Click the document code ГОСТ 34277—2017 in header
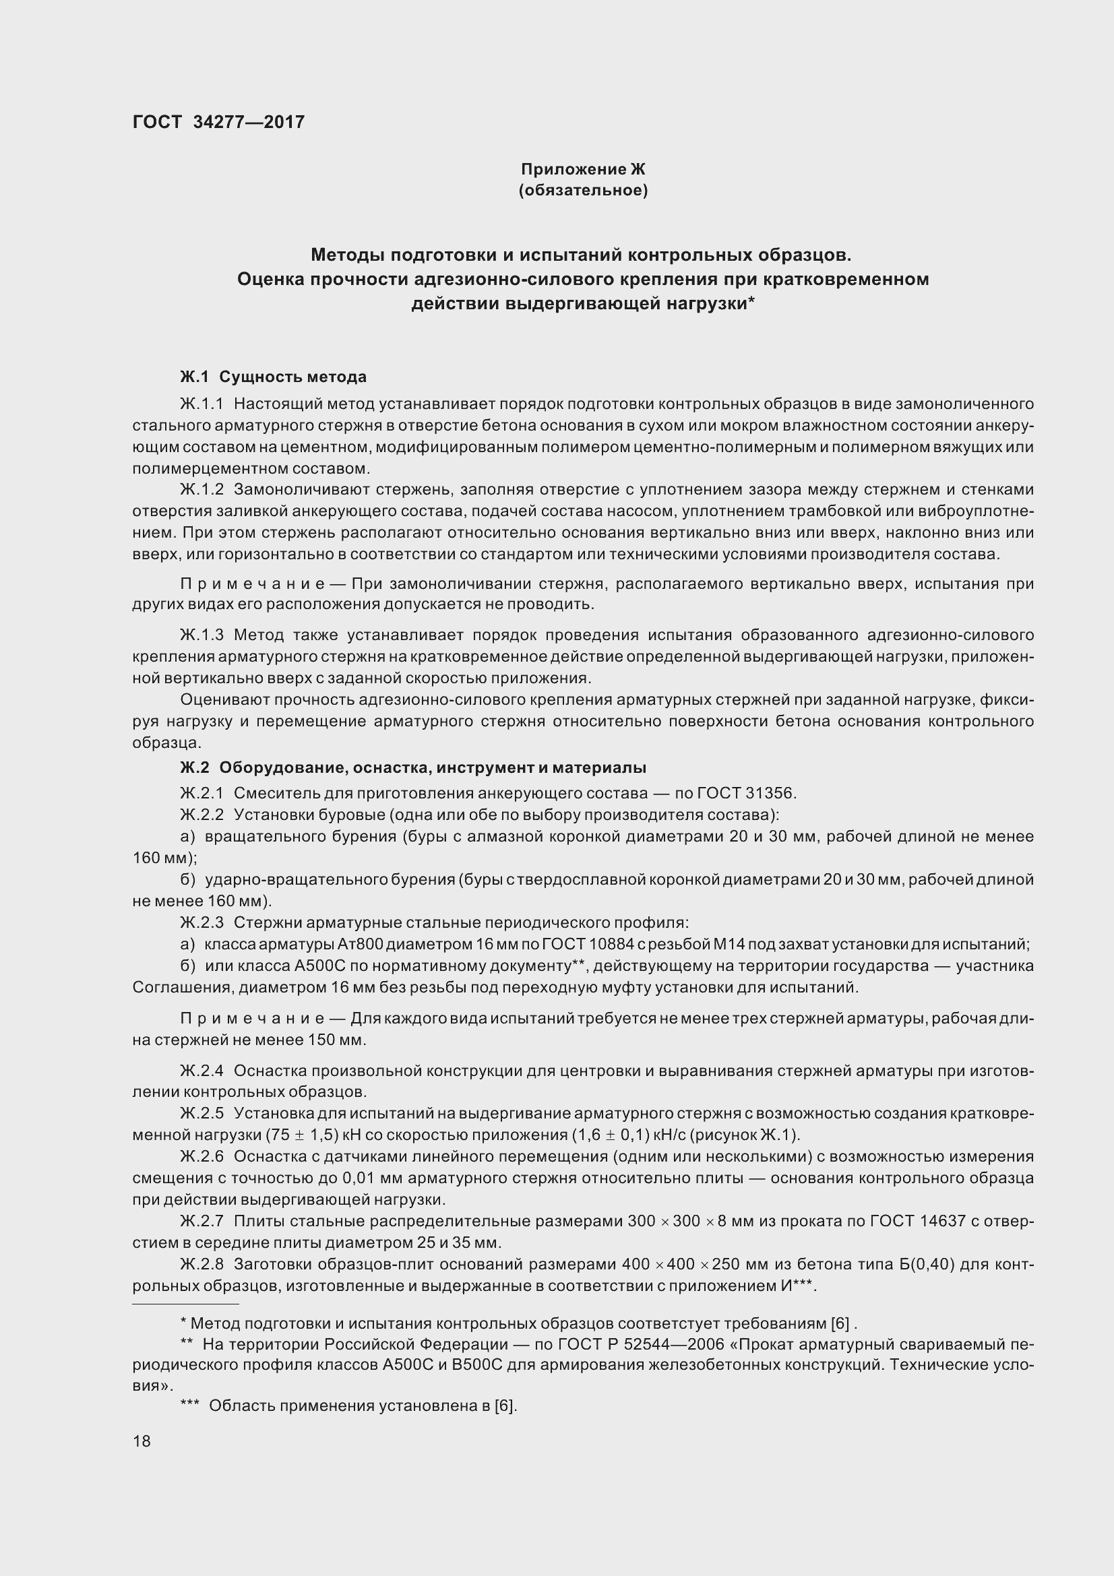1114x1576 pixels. click(218, 122)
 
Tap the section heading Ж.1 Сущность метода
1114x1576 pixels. click(272, 377)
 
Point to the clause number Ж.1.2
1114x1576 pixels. click(202, 489)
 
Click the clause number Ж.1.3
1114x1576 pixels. click(202, 635)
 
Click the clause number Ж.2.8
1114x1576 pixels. click(202, 1264)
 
